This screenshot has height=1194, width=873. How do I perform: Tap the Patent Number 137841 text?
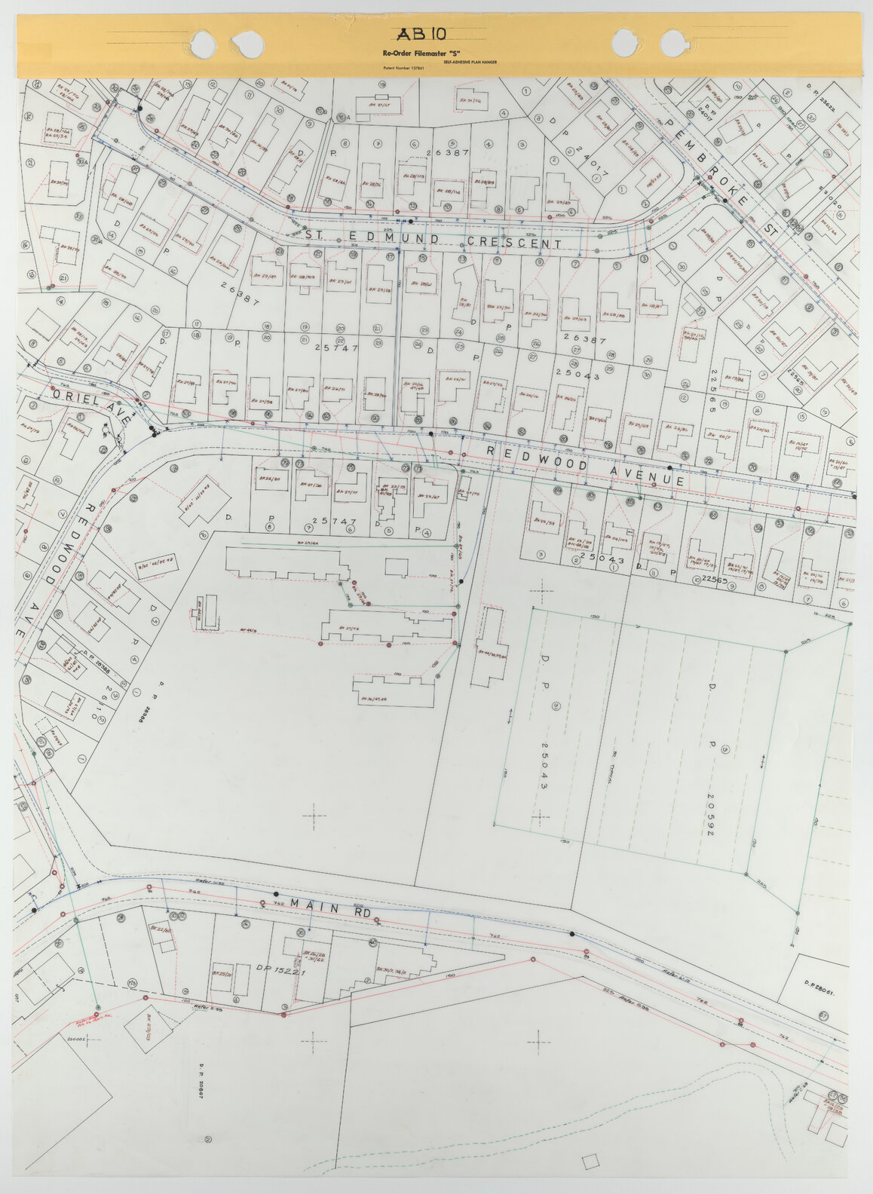tap(403, 69)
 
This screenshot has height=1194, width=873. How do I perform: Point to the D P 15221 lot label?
tap(280, 969)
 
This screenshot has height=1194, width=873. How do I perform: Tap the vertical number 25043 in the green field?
tap(542, 766)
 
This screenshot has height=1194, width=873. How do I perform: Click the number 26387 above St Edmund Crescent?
tap(447, 152)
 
